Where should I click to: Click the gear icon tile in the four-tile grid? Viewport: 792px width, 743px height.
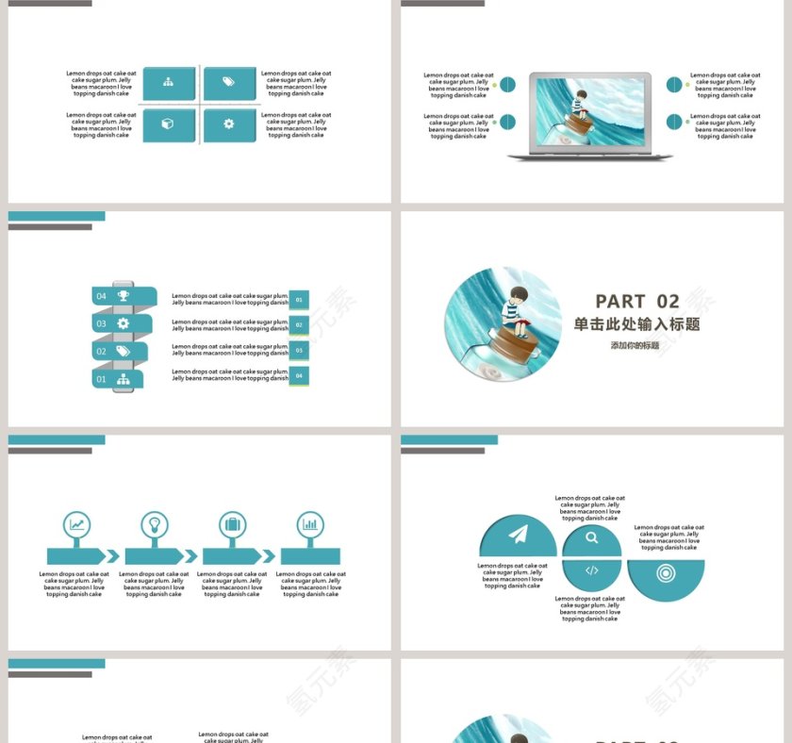(229, 124)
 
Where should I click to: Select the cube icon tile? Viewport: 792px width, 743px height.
(168, 124)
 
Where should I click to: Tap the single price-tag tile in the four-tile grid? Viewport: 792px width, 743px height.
(229, 82)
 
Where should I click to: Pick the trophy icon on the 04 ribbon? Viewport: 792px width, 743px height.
(124, 296)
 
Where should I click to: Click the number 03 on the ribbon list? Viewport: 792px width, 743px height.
(102, 323)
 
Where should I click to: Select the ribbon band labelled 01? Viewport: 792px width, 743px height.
(118, 379)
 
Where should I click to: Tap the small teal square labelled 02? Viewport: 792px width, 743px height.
(299, 325)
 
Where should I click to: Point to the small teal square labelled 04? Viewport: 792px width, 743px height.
(299, 375)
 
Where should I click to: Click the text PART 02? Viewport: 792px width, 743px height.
(637, 302)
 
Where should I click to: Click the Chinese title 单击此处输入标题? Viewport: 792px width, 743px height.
(636, 324)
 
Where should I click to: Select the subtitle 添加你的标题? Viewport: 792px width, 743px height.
(635, 346)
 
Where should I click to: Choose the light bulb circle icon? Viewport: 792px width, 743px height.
(154, 525)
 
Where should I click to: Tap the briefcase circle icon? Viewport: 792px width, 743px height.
(232, 525)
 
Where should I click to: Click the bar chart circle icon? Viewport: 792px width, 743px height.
(310, 525)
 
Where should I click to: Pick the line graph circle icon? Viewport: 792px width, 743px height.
(76, 525)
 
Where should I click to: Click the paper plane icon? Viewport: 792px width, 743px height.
(518, 536)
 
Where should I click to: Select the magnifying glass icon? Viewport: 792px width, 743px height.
(591, 538)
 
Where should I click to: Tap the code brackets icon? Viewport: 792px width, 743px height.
(591, 570)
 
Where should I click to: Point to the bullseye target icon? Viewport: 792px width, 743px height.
(666, 571)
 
